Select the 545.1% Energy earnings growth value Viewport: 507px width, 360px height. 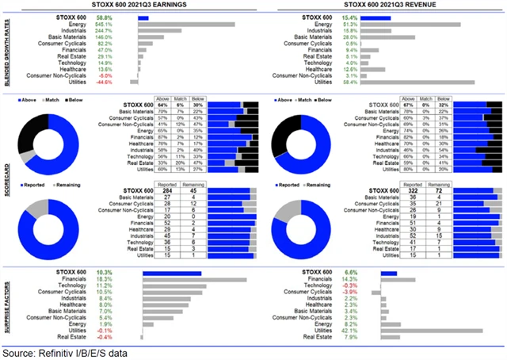104,25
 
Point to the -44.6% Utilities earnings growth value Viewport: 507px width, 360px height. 104,82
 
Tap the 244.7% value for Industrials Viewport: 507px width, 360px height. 104,31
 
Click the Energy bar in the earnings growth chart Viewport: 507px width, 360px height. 185,25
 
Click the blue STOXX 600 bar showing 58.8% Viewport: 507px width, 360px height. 143,17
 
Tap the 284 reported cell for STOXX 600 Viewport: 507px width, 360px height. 166,190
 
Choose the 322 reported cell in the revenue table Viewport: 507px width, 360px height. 410,190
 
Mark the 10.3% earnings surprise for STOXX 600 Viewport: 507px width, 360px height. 104,272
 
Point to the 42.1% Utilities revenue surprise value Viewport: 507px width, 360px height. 348,329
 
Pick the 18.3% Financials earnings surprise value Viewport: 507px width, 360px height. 104,278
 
